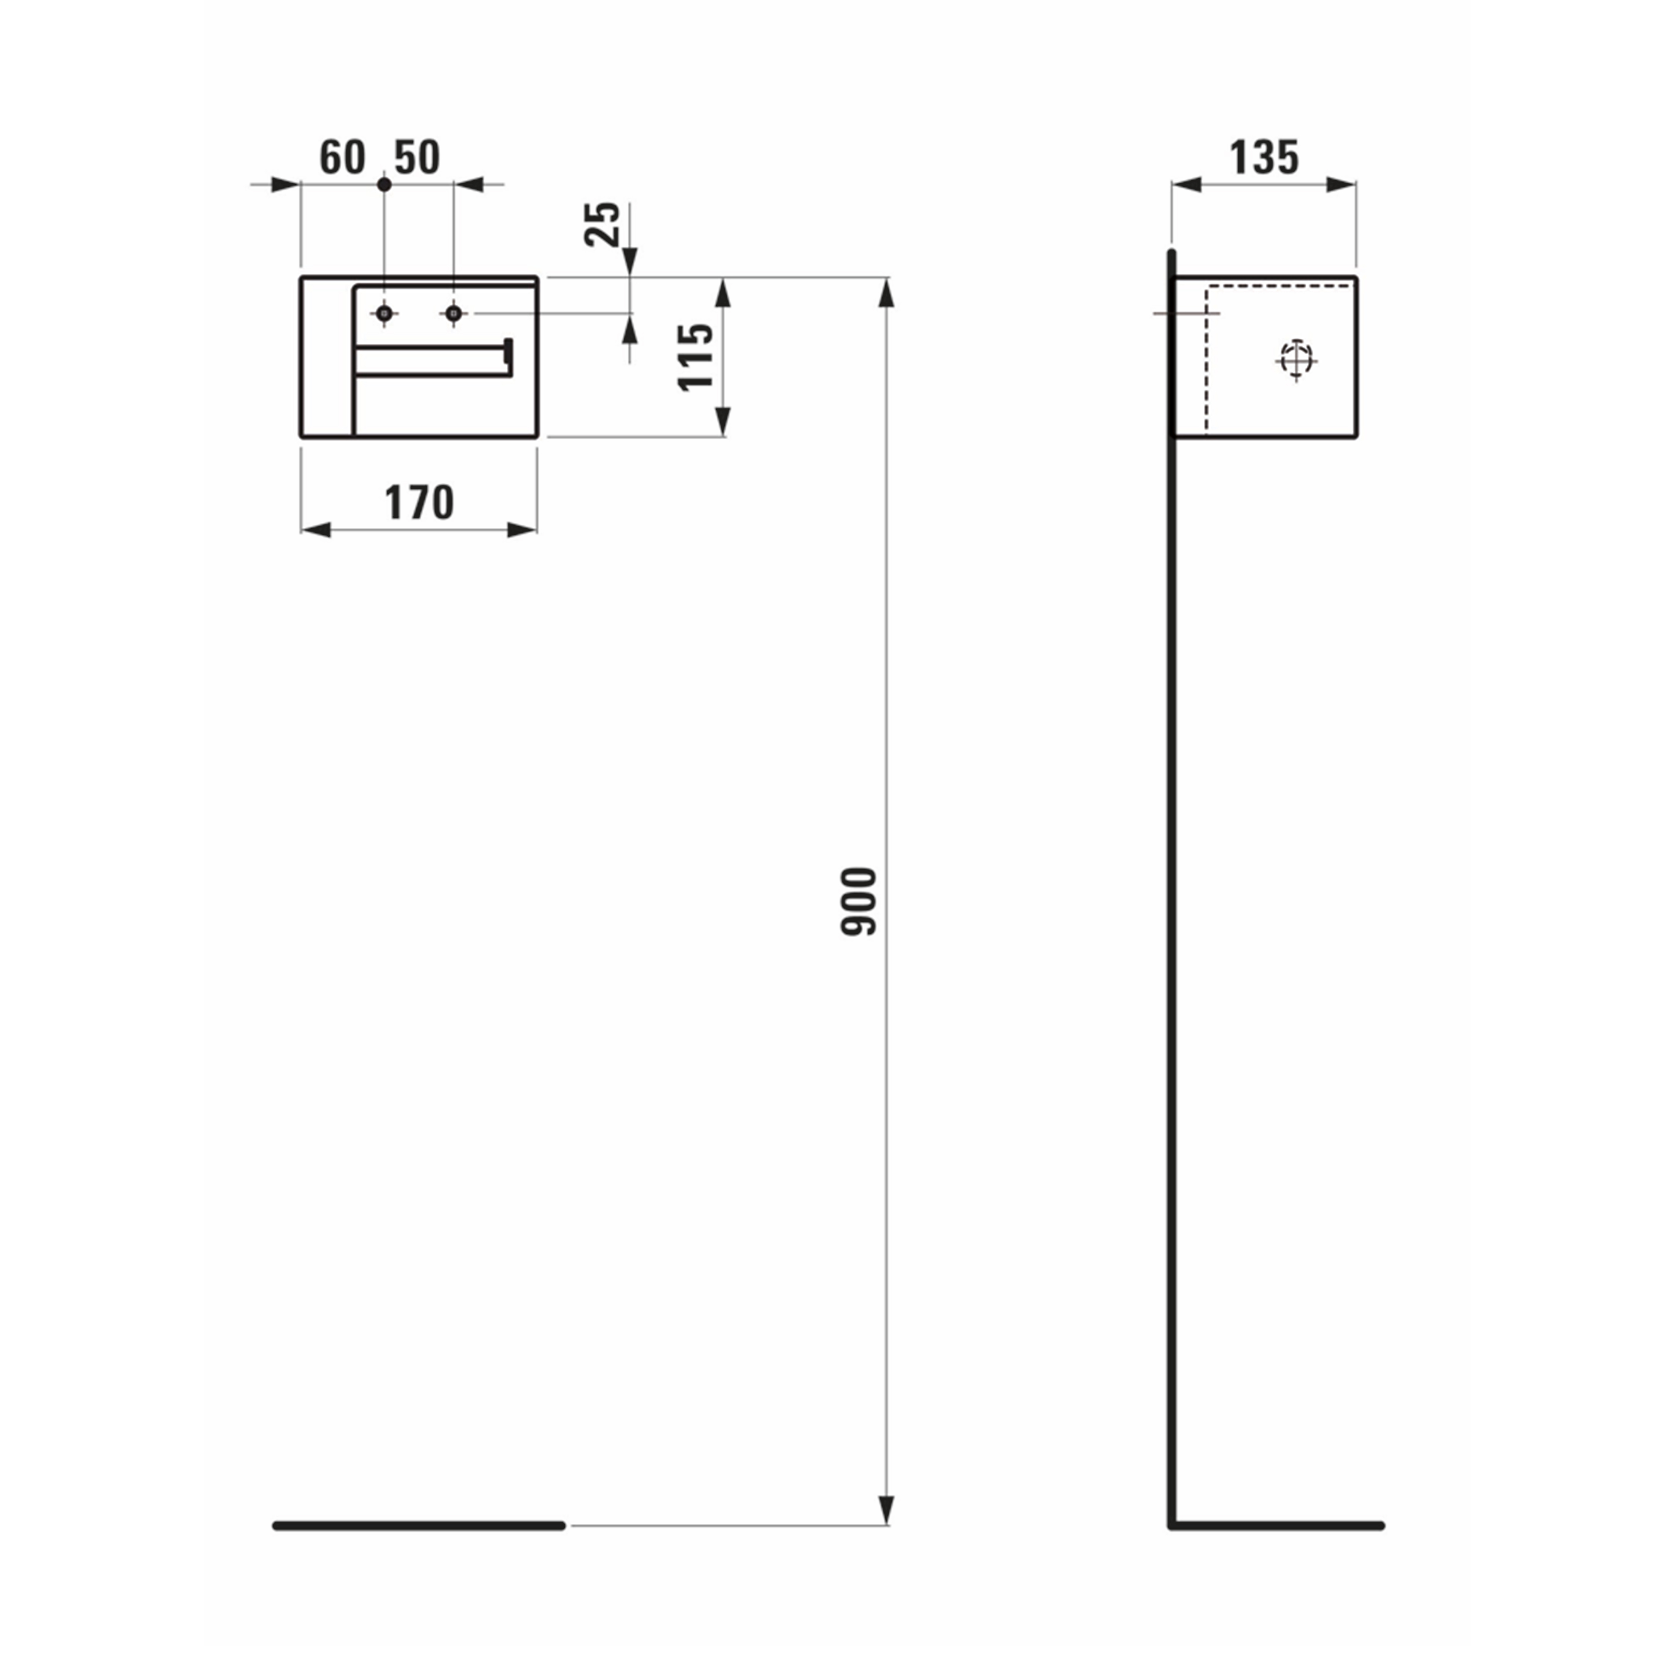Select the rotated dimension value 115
[x=695, y=357]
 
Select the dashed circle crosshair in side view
[x=1296, y=359]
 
